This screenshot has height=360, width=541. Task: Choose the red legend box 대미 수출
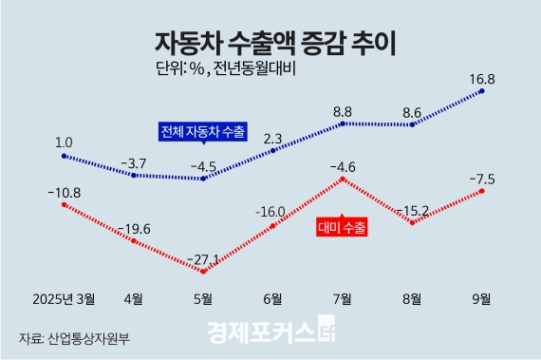(x=341, y=228)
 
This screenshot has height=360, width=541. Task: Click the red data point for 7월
(x=343, y=179)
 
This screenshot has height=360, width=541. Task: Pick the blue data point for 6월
(x=272, y=150)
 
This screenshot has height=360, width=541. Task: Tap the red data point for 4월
(x=133, y=241)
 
